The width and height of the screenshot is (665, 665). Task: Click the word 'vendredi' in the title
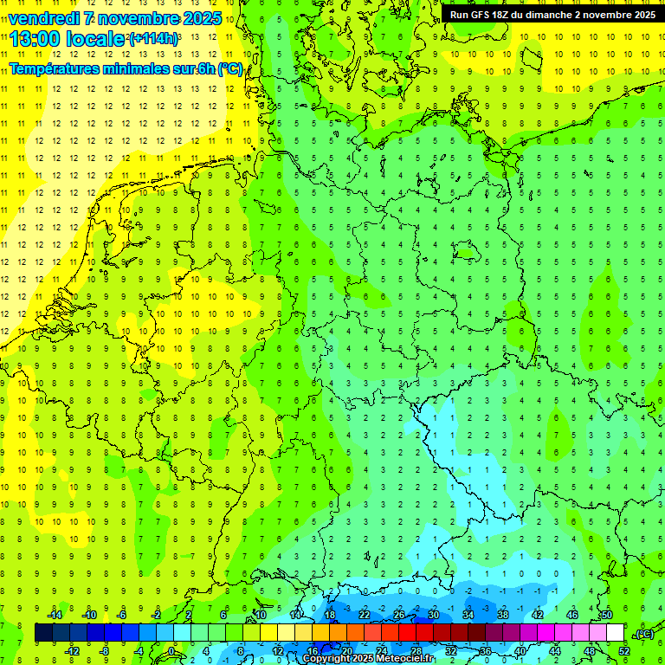click(42, 18)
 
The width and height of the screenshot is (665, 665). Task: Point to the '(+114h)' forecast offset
click(153, 39)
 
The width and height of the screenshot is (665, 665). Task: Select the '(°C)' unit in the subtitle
click(230, 69)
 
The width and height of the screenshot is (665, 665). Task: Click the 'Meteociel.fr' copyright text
click(400, 659)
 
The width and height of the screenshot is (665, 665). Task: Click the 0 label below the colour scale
click(172, 651)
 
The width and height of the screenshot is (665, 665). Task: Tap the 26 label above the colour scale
click(399, 615)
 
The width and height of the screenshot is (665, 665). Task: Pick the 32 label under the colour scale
click(451, 651)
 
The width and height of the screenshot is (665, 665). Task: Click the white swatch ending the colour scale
click(616, 633)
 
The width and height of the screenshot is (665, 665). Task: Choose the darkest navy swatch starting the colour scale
click(43, 633)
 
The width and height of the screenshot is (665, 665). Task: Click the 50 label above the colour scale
click(606, 615)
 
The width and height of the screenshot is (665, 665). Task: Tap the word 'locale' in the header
click(94, 39)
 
